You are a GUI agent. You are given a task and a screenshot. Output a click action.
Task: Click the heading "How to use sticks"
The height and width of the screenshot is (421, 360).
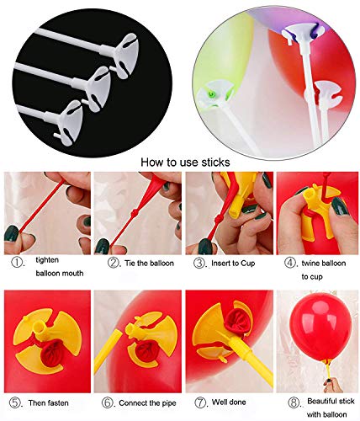tap(180, 160)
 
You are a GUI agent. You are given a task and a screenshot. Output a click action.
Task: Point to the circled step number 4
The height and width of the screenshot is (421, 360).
tap(289, 261)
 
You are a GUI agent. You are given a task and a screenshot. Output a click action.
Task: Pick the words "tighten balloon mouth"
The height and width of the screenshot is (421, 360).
tap(52, 268)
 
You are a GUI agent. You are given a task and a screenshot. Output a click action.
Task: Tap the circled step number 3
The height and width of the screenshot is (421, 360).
tap(199, 261)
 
